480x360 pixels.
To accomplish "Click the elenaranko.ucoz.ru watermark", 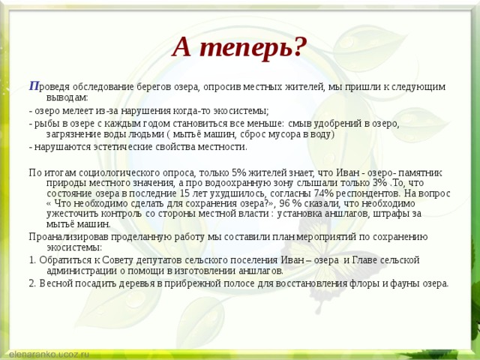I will pyautogui.click(x=49, y=352).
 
